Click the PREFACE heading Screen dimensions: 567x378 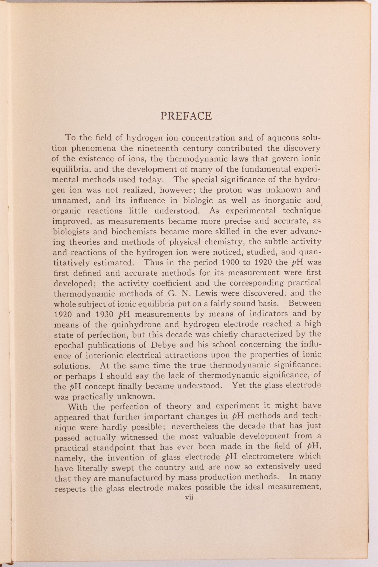(x=186, y=116)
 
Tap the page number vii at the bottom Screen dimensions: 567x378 (x=189, y=497)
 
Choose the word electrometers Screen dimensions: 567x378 (x=269, y=457)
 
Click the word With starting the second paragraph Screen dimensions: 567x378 (x=78, y=407)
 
